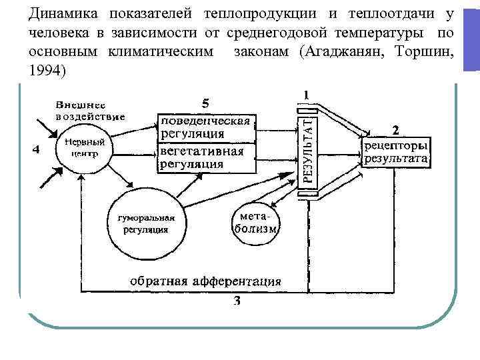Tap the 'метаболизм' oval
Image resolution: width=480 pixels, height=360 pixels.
coord(255,223)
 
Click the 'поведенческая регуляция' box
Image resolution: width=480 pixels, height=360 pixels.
coord(206,127)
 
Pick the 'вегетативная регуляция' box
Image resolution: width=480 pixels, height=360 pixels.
coord(206,158)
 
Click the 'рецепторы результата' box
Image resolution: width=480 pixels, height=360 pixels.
coord(397,153)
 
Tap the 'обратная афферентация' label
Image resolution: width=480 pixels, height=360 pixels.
coord(205,280)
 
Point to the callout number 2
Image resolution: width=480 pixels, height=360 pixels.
coord(396,129)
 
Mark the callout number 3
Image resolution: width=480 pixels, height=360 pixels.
coord(237,301)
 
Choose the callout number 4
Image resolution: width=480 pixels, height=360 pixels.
coord(35,150)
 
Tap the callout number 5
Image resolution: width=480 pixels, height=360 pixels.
coord(205,103)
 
